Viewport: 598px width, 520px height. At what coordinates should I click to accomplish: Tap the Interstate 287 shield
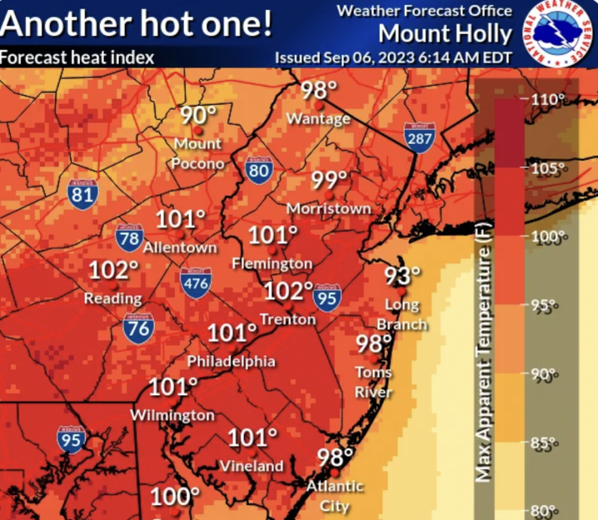tap(418, 138)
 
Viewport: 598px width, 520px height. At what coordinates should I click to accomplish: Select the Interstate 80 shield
tap(259, 169)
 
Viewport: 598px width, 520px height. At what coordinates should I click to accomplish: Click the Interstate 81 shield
tap(82, 194)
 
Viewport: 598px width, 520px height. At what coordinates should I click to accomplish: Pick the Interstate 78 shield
tap(129, 237)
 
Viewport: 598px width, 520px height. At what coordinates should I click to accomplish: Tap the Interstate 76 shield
tap(138, 327)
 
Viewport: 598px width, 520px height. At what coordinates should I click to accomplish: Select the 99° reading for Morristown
tap(330, 181)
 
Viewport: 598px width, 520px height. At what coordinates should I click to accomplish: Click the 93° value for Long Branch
tap(403, 276)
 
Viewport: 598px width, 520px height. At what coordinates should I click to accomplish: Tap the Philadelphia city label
tap(231, 361)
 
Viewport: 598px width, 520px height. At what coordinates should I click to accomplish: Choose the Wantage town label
tap(318, 119)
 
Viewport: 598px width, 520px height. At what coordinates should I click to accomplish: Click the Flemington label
tap(272, 263)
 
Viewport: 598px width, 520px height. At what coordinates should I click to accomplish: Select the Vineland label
tap(251, 466)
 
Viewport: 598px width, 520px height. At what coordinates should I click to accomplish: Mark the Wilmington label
tap(172, 415)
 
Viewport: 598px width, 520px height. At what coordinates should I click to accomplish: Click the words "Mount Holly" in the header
tap(445, 33)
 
